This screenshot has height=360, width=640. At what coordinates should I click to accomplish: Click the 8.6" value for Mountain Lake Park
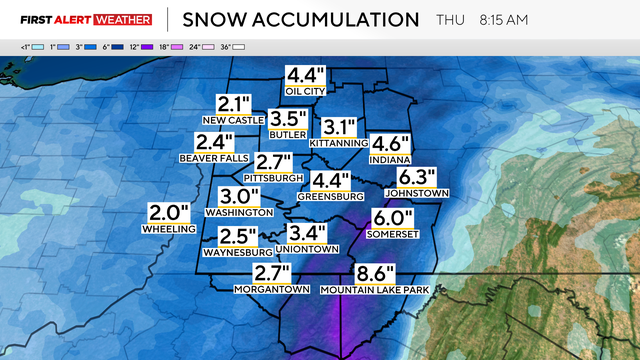coord(375,273)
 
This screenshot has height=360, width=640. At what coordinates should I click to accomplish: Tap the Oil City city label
coord(306,91)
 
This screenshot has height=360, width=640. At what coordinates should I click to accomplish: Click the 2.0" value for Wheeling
coord(168,212)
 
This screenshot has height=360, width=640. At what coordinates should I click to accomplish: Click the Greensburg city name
coord(330,197)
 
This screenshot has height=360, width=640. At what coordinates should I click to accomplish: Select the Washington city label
coord(239,211)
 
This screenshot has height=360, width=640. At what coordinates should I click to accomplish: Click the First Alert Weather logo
coord(86,19)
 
